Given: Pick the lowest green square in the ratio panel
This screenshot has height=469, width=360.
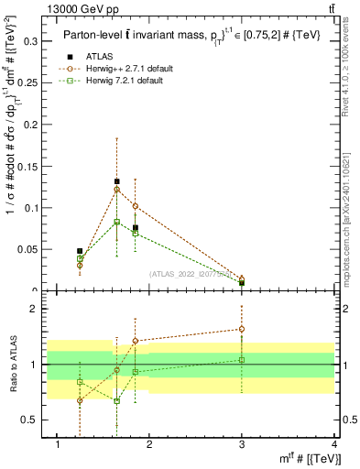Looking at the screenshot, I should coord(116,401).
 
